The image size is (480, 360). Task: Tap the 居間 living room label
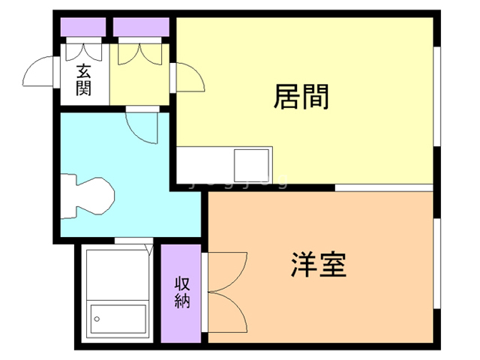point(301,96)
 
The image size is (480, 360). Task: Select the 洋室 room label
point(319,265)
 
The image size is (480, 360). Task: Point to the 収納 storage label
point(182,292)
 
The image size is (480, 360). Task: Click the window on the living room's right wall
point(436,93)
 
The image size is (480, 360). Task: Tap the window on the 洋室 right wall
point(436,262)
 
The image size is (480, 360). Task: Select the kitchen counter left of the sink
point(204,162)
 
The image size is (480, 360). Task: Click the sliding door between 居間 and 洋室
point(382,185)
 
